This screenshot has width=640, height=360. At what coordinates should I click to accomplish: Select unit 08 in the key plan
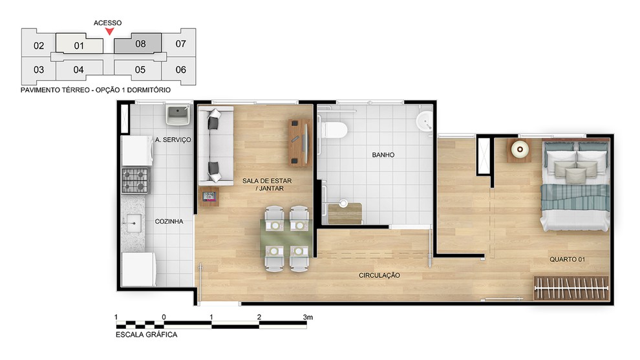(x=138, y=44)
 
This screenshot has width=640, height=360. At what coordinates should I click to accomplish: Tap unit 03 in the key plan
(x=38, y=70)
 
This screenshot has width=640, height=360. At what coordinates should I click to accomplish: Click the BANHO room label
(x=383, y=155)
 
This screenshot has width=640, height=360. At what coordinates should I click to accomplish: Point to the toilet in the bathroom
(x=334, y=131)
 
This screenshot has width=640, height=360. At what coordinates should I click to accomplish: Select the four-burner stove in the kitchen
(x=136, y=180)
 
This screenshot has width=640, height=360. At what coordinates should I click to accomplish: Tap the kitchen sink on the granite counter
(x=133, y=223)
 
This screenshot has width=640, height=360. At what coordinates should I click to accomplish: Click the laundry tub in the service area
(x=178, y=115)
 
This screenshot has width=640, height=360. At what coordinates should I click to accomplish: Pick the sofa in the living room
(x=215, y=145)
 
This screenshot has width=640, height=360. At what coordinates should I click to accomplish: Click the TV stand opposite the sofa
(x=299, y=143)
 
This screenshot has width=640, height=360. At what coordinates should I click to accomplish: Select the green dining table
(x=286, y=238)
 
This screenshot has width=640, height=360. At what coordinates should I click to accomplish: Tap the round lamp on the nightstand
(x=520, y=150)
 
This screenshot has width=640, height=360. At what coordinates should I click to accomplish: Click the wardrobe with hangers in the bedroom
(x=571, y=288)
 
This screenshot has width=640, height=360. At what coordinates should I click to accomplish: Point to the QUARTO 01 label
(x=567, y=260)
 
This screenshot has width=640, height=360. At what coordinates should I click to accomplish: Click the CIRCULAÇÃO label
(x=379, y=275)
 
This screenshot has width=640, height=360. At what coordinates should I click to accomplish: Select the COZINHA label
(x=169, y=222)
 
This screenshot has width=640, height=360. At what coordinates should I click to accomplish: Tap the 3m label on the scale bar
(x=308, y=317)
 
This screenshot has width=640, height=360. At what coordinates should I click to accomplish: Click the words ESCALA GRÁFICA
(x=147, y=335)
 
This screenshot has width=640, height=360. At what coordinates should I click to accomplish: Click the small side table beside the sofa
(x=209, y=196)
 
